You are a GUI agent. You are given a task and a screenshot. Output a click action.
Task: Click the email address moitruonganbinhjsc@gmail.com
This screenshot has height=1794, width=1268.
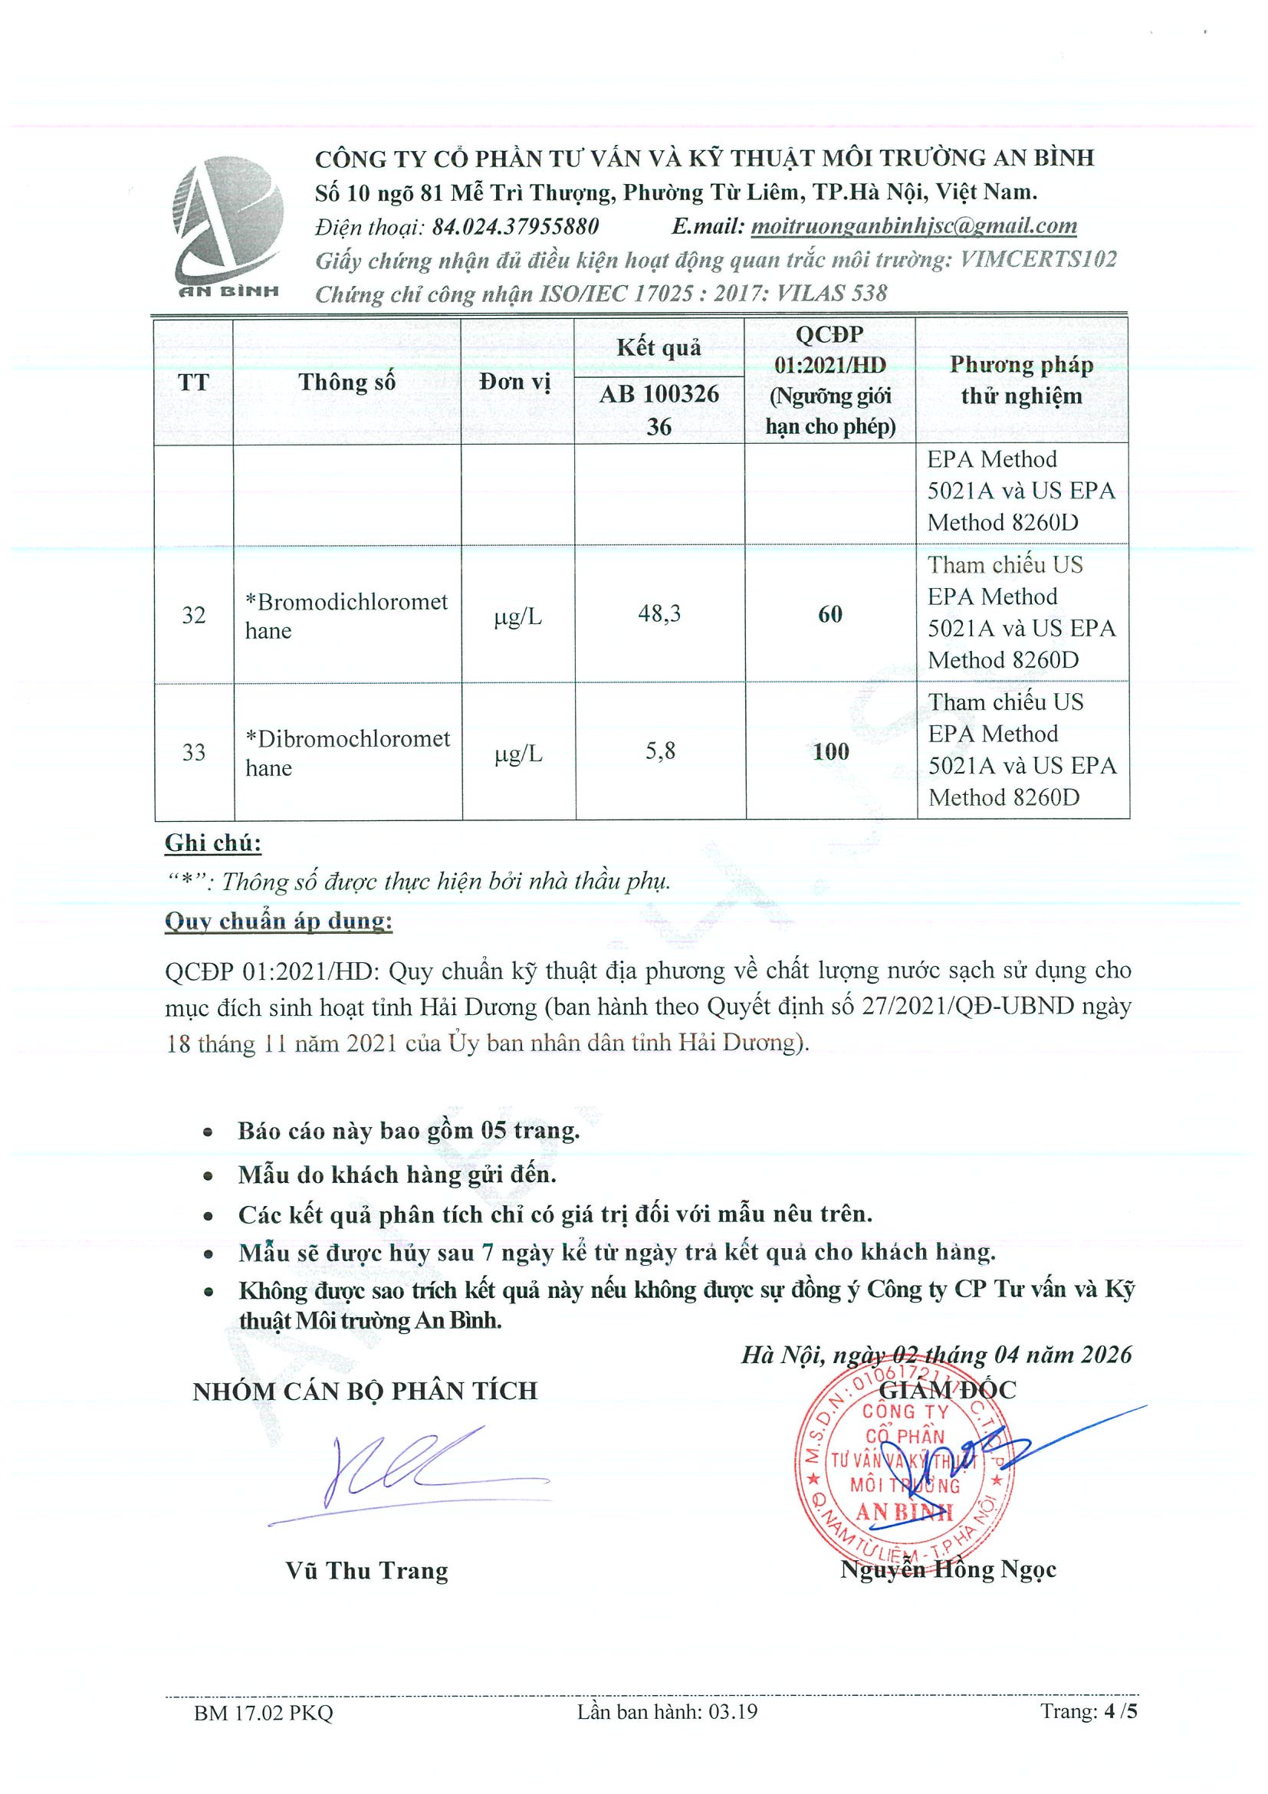913,226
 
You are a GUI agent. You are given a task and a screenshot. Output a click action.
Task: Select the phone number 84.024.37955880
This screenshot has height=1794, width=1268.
516,227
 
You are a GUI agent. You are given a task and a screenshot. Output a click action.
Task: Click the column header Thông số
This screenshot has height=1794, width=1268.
347,382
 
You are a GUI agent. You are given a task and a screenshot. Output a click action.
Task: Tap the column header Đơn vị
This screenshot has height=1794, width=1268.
516,382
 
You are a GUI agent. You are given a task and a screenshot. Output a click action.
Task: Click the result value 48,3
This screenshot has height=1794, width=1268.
659,613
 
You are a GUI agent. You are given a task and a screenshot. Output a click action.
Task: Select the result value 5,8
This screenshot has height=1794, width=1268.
659,751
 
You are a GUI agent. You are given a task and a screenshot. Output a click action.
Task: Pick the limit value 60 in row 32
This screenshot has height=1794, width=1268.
829,614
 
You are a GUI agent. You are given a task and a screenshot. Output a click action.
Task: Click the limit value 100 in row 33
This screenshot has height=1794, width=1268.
829,751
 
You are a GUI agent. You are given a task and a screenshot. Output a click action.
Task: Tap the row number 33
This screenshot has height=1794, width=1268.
194,752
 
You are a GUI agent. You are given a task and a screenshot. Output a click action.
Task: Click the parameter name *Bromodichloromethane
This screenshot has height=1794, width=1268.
346,616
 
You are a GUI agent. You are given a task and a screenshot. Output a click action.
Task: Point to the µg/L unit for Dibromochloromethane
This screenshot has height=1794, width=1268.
518,754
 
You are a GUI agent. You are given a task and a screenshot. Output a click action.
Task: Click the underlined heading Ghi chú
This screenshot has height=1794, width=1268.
212,843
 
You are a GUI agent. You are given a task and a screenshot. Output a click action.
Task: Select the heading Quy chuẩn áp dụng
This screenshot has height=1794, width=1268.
278,922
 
